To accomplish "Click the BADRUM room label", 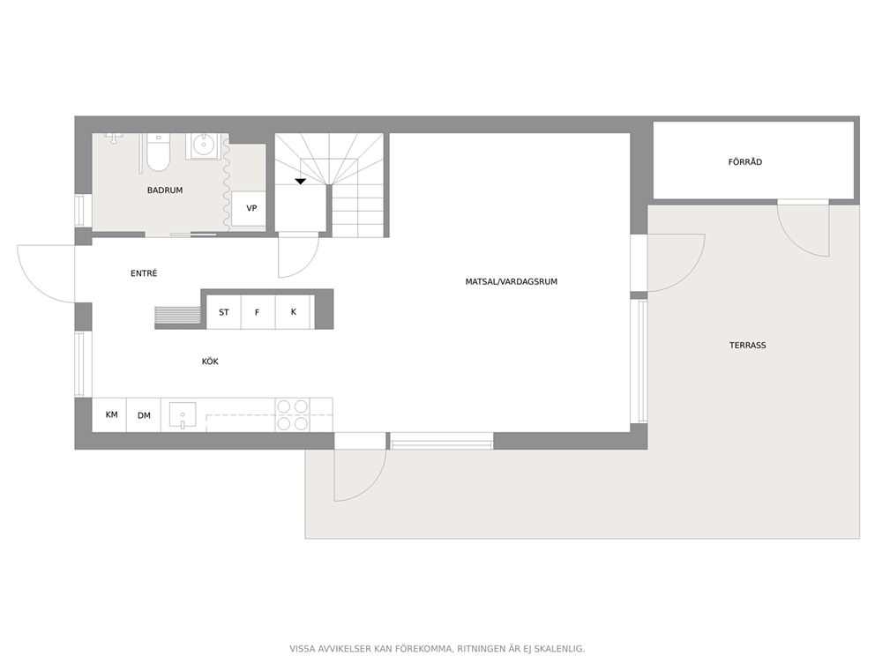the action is [165, 190].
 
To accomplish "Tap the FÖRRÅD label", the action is [745, 161].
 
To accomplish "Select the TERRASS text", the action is [747, 346].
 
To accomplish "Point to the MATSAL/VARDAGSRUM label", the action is [512, 281].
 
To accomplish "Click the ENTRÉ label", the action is [144, 273].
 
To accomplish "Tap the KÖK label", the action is [210, 362].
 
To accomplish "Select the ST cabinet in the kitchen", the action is [224, 312].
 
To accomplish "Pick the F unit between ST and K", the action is [258, 312].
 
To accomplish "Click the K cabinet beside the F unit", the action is [295, 312].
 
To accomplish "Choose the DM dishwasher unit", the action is [144, 415].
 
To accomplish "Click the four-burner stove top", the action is [293, 415].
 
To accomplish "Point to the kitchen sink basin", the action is [183, 415].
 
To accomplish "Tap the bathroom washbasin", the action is [203, 146].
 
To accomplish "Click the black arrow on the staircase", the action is [301, 182].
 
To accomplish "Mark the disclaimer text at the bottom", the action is [437, 649].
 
